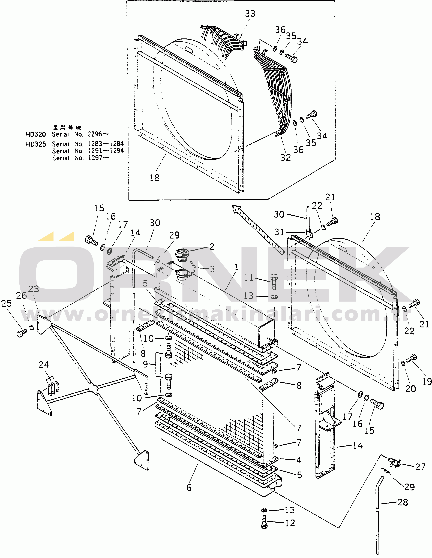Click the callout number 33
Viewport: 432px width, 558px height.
point(250,14)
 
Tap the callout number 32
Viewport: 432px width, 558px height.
point(286,157)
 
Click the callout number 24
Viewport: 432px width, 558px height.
point(44,365)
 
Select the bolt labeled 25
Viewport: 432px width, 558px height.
point(22,333)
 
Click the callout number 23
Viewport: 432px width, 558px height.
point(34,289)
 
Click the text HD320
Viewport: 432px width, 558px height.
point(36,134)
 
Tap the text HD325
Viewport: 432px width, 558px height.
point(36,144)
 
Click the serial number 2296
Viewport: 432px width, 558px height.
point(95,134)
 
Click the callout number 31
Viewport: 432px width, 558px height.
point(279,232)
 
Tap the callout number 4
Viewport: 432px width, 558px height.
point(299,460)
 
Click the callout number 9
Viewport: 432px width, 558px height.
point(145,364)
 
